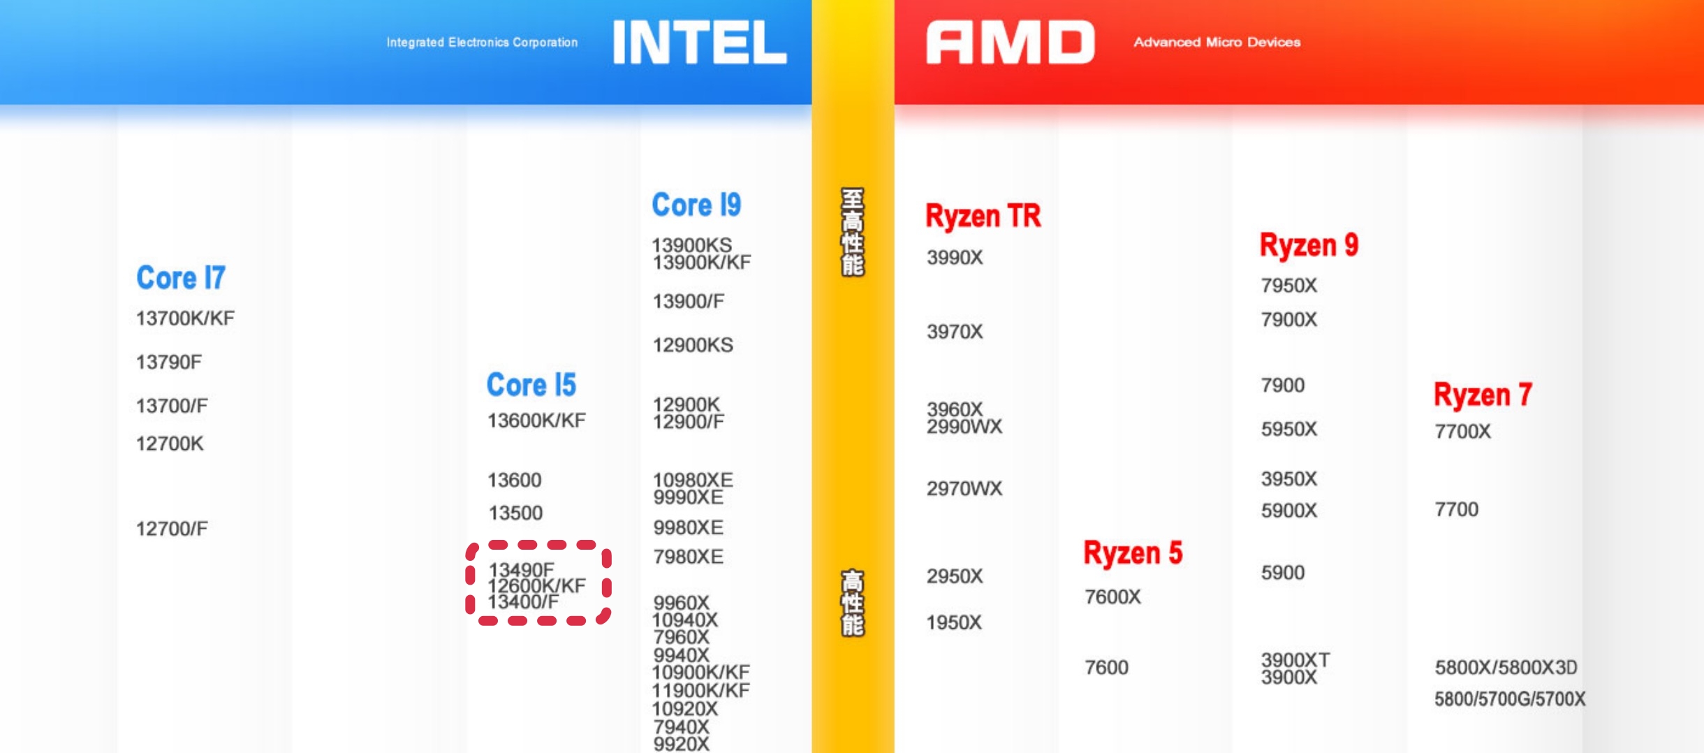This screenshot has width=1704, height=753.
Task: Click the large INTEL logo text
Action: (699, 42)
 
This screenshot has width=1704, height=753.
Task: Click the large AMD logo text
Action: (1011, 42)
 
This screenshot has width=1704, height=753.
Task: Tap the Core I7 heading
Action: (181, 277)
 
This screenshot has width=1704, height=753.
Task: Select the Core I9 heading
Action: (696, 204)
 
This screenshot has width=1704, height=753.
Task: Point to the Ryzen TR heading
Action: (983, 215)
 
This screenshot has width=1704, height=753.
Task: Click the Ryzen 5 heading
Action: (1133, 553)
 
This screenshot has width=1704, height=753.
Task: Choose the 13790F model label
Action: (169, 362)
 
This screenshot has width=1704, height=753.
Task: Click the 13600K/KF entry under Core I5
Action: (536, 421)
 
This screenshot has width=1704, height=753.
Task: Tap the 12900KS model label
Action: (693, 345)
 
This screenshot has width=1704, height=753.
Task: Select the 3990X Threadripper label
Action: (955, 258)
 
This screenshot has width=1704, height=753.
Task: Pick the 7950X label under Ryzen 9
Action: (1289, 286)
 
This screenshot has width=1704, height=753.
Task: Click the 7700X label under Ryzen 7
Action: (1463, 432)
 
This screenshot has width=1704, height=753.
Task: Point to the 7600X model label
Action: (1112, 597)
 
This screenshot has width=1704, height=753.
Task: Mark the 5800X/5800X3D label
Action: (1506, 668)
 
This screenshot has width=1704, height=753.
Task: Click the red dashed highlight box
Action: (538, 583)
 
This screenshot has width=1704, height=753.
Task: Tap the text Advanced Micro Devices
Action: (1217, 42)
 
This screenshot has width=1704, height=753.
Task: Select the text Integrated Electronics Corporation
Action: (483, 43)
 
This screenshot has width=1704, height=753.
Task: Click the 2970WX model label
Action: (964, 488)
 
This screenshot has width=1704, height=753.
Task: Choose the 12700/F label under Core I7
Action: (172, 529)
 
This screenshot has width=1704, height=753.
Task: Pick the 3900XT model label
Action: (1295, 659)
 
